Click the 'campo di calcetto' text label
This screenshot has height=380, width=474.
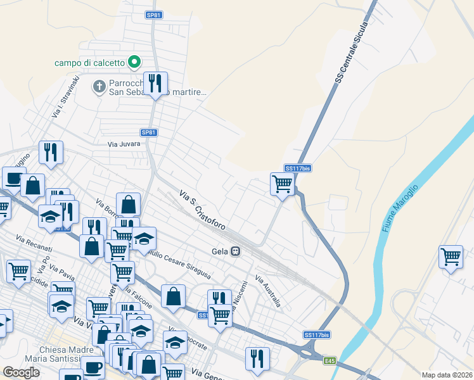tap(90, 62)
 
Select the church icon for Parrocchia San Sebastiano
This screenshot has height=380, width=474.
tap(99, 86)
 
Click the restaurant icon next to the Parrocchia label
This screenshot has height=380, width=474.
tap(155, 82)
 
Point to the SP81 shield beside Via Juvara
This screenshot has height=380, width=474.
tap(149, 132)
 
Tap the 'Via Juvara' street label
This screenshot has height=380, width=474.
tap(123, 144)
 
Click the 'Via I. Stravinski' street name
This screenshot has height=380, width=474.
tap(66, 97)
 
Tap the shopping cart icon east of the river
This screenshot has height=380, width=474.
tap(451, 256)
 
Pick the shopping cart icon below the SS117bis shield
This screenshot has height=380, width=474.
tap(282, 184)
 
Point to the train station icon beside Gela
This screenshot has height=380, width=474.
tap(235, 251)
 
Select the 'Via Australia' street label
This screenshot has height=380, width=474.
tap(267, 291)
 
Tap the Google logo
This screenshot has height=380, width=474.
tap(21, 372)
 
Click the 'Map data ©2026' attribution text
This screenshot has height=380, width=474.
tap(447, 375)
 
